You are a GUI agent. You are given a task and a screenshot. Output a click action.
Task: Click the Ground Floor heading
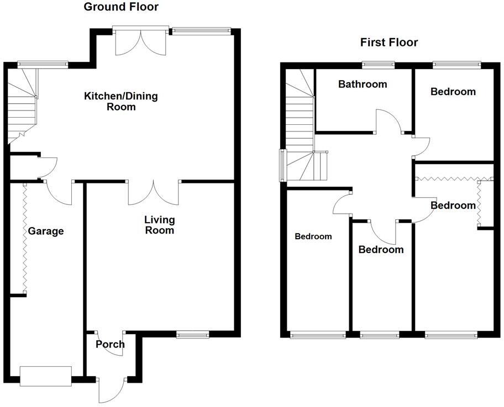(x=120, y=7)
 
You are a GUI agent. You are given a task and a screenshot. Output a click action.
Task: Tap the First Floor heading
(x=389, y=43)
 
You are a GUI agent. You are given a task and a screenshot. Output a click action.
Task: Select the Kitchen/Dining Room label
(x=120, y=101)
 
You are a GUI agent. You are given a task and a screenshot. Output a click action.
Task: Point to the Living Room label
(x=159, y=225)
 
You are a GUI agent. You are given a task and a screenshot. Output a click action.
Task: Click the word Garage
(x=46, y=231)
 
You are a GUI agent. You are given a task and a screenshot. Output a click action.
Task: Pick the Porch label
(x=110, y=345)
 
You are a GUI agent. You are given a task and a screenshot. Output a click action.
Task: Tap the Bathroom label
(x=363, y=84)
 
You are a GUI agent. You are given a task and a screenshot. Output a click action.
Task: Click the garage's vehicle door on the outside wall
(x=46, y=376)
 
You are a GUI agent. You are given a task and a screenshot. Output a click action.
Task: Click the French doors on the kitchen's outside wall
(x=140, y=41)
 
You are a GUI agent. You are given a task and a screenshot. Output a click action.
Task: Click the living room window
(x=192, y=334)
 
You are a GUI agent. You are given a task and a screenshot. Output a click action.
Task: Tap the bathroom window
(x=379, y=65)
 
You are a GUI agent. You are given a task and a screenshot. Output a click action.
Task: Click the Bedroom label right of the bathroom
(x=453, y=92)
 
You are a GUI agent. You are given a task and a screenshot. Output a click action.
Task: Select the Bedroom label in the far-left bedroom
(x=313, y=236)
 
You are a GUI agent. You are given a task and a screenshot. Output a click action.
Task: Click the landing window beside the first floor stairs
(x=282, y=165)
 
